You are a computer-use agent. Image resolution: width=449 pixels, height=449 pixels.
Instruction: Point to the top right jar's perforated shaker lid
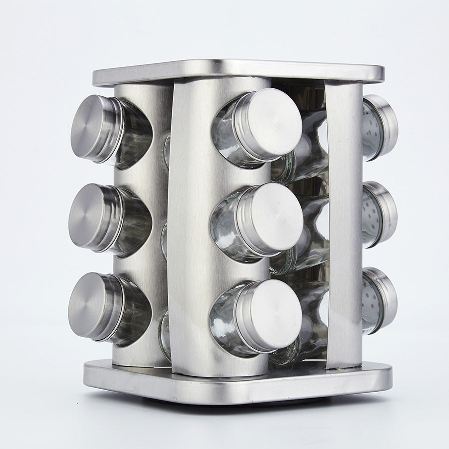[x=382, y=126]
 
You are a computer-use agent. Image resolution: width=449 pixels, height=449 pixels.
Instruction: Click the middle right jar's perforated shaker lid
[x=381, y=214]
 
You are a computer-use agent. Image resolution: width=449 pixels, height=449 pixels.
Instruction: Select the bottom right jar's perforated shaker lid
[x=381, y=299]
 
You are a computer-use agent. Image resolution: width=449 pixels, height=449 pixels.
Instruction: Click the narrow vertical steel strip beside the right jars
[x=344, y=224]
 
